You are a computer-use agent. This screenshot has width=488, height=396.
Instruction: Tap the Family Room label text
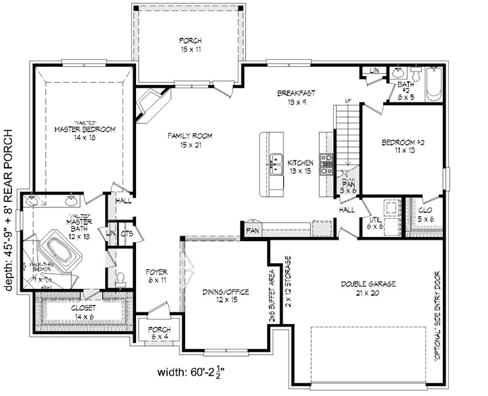(x=190, y=140)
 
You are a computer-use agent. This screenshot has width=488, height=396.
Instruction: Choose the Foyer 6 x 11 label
(x=156, y=276)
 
